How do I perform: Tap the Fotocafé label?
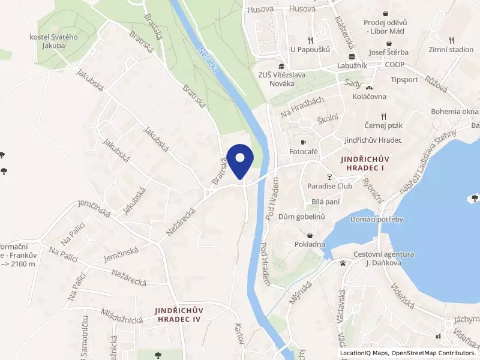pos(304,152)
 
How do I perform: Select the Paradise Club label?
pos(329,186)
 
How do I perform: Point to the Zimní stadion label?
pos(451,50)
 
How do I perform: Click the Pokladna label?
pos(310,244)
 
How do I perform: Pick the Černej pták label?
pos(383,125)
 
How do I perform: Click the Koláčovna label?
pos(370,96)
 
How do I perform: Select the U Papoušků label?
pos(310,50)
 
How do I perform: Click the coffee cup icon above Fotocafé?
pos(304,142)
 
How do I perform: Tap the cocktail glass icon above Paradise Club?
pos(329,177)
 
